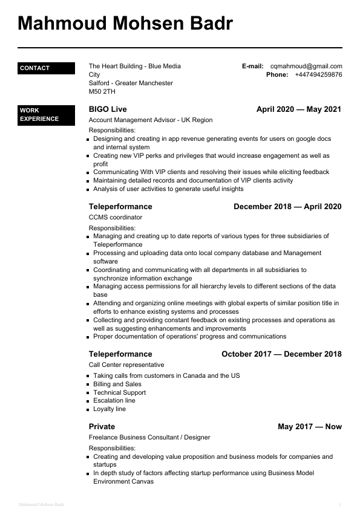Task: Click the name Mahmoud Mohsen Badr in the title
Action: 125,24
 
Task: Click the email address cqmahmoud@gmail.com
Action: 306,66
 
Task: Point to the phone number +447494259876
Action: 318,75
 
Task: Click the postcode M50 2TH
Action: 102,92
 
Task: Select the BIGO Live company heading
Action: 108,109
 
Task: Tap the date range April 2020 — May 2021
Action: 299,109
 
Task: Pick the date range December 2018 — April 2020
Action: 287,207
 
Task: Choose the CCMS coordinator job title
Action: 116,217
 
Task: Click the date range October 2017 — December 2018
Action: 281,354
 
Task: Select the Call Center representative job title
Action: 126,365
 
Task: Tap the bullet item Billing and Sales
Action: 117,384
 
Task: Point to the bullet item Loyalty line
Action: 110,409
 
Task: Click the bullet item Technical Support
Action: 119,392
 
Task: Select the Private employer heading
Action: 102,427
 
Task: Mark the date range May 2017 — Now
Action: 310,427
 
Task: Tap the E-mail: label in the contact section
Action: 253,66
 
